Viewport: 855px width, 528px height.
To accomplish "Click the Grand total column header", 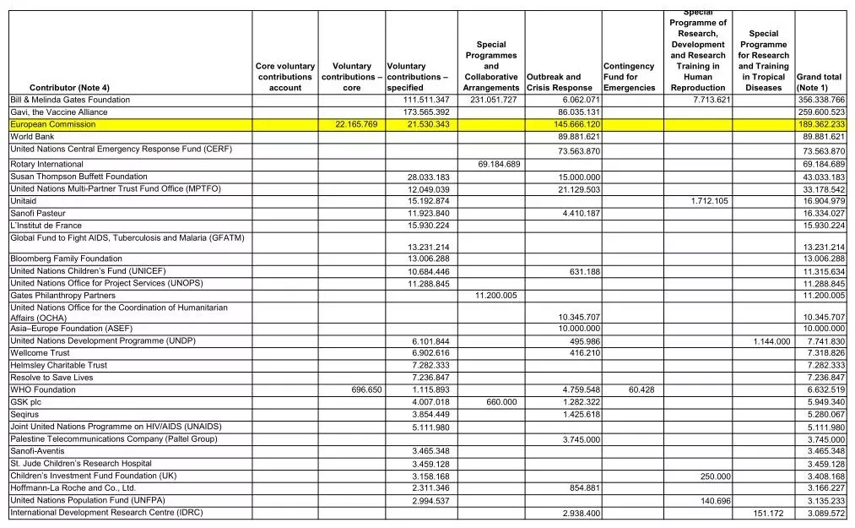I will tap(820, 82).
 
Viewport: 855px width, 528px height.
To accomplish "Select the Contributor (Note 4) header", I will tap(69, 88).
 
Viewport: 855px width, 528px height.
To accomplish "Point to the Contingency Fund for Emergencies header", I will tap(629, 77).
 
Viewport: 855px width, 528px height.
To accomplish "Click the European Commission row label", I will tap(52, 125).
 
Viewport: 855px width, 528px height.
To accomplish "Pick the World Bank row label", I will tap(32, 137).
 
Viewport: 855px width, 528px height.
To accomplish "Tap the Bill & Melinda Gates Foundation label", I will tap(70, 101).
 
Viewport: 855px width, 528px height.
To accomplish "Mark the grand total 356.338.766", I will tap(822, 101).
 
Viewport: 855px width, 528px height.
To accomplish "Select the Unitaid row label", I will tap(24, 201).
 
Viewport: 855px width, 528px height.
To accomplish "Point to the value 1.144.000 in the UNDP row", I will tap(771, 341).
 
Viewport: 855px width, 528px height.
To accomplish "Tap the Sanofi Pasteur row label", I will tap(38, 214).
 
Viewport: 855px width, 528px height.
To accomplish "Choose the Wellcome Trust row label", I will tap(40, 353).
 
